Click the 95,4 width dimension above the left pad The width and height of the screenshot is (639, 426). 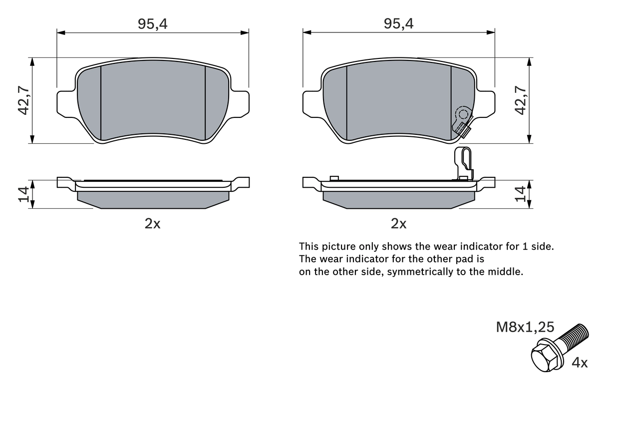pyautogui.click(x=152, y=23)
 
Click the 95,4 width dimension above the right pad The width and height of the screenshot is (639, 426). pyautogui.click(x=398, y=23)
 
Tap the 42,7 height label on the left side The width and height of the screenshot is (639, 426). pyautogui.click(x=24, y=100)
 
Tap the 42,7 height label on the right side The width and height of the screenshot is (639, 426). pyautogui.click(x=521, y=100)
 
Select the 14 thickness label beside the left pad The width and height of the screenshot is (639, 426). pyautogui.click(x=24, y=194)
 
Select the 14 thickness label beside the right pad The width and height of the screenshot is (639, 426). pyautogui.click(x=521, y=194)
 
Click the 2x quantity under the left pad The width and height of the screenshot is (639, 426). pyautogui.click(x=152, y=224)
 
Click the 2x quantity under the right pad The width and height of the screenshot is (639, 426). pyautogui.click(x=398, y=224)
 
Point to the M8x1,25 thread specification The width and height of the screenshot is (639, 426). pyautogui.click(x=525, y=327)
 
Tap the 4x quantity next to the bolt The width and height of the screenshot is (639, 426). pyautogui.click(x=579, y=363)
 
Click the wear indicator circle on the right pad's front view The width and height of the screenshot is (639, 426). pyautogui.click(x=464, y=114)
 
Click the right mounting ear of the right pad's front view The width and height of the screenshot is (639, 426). pyautogui.click(x=487, y=102)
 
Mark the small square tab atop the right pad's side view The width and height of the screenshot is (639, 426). pyautogui.click(x=334, y=178)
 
